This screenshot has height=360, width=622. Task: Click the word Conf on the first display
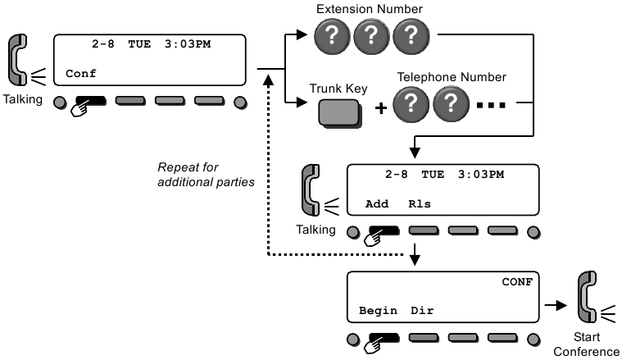80,74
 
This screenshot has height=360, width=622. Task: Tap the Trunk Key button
338,112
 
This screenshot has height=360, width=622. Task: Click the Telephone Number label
452,78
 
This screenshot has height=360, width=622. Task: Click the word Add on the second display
376,203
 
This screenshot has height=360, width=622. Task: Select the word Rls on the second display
420,203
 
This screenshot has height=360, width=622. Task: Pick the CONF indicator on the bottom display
517,282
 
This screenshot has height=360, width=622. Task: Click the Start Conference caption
587,344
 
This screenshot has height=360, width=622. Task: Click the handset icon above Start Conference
588,301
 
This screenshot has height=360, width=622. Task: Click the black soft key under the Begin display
384,337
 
